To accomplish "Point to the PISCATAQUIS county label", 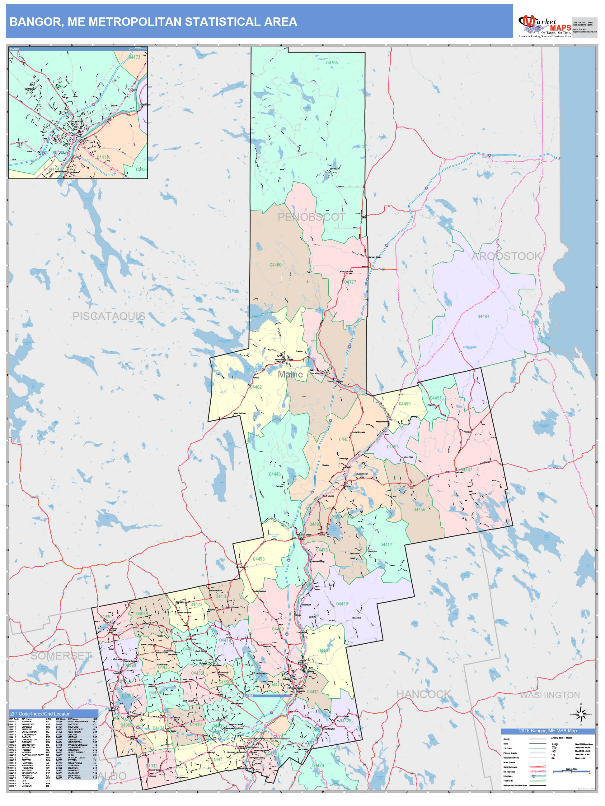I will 109,316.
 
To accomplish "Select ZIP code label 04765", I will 332,63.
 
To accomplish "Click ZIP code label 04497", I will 483,316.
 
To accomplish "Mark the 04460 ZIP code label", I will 275,265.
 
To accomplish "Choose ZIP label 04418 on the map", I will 342,604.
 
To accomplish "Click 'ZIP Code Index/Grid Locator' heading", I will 40,714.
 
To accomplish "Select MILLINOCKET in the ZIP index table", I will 76,730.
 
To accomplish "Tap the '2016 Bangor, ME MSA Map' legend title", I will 548,730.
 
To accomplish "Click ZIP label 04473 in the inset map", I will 134,57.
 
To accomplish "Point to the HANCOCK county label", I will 423,694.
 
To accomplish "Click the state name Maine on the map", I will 290,374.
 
